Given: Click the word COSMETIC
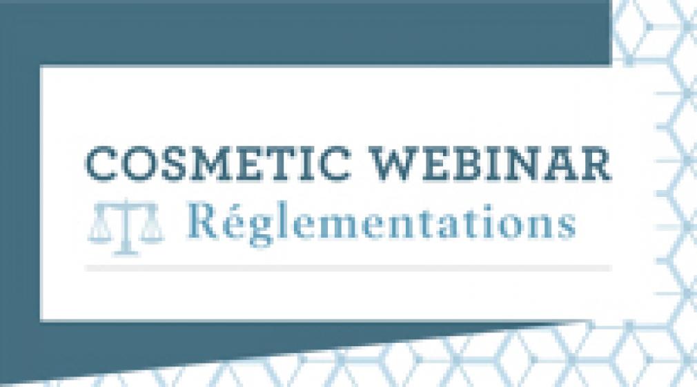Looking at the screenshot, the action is (218, 164).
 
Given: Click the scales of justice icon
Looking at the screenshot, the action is (126, 227).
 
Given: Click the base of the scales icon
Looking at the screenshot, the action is (126, 252).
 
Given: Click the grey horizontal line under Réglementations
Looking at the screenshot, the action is (348, 268).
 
